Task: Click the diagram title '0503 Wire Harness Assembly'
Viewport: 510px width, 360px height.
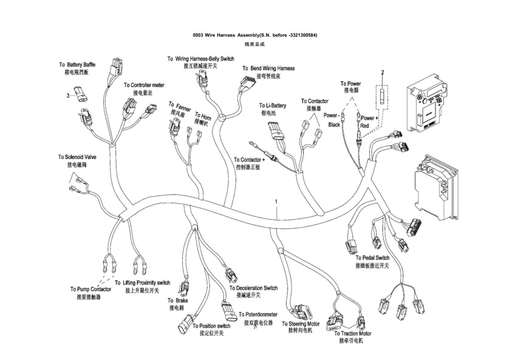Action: pyautogui.click(x=254, y=35)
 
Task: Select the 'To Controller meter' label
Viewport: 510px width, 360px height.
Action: pyautogui.click(x=144, y=86)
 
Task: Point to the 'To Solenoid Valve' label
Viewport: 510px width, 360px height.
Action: pyautogui.click(x=76, y=157)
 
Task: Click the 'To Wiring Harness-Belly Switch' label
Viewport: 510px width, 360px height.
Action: pyautogui.click(x=200, y=59)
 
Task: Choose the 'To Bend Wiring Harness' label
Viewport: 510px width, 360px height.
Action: pyautogui.click(x=268, y=69)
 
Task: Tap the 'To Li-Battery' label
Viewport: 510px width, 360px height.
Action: pyautogui.click(x=272, y=105)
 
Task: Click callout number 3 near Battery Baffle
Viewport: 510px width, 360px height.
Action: pyautogui.click(x=69, y=95)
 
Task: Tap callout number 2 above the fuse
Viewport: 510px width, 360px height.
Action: pyautogui.click(x=382, y=72)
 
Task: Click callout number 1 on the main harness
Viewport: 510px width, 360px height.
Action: pyautogui.click(x=276, y=200)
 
